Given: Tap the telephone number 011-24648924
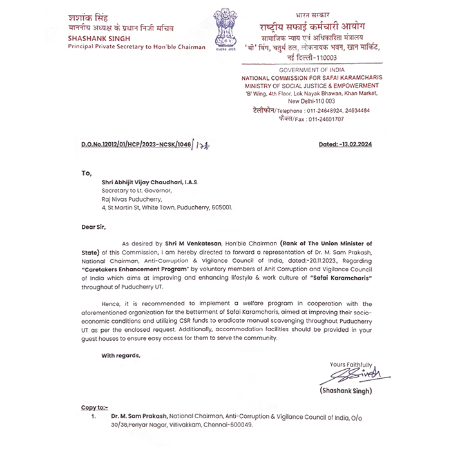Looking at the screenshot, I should click(x=325, y=110).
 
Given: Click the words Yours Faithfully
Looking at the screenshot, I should click(x=352, y=365).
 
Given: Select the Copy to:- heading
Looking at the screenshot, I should click(x=94, y=408).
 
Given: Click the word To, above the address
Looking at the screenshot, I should click(x=86, y=173).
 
